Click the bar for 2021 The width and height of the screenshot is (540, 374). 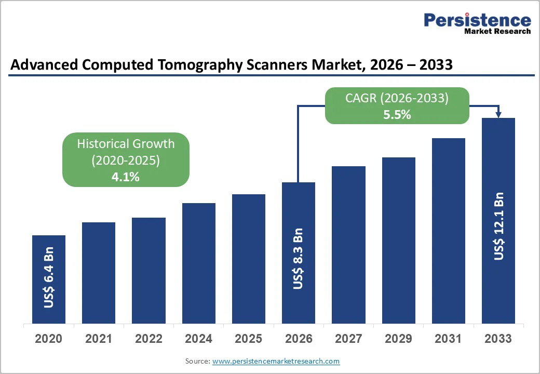99,273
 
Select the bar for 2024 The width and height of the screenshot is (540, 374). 198,263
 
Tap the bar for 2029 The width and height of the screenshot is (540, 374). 398,240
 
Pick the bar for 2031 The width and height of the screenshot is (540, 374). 448,231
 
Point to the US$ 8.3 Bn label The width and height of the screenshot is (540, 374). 298,259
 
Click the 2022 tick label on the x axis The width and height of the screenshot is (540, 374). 148,339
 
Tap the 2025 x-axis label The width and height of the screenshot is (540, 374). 248,339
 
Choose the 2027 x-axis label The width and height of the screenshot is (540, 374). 348,339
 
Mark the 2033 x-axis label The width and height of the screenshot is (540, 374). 498,339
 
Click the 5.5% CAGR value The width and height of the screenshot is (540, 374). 397,115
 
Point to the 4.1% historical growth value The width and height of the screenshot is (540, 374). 126,177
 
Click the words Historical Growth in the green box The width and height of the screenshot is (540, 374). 126,144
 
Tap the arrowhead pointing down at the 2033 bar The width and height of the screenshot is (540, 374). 498,114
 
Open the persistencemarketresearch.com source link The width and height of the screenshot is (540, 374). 276,361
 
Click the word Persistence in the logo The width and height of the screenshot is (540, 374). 477,20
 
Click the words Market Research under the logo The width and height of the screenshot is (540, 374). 497,31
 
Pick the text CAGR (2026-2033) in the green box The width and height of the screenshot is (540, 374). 397,98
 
